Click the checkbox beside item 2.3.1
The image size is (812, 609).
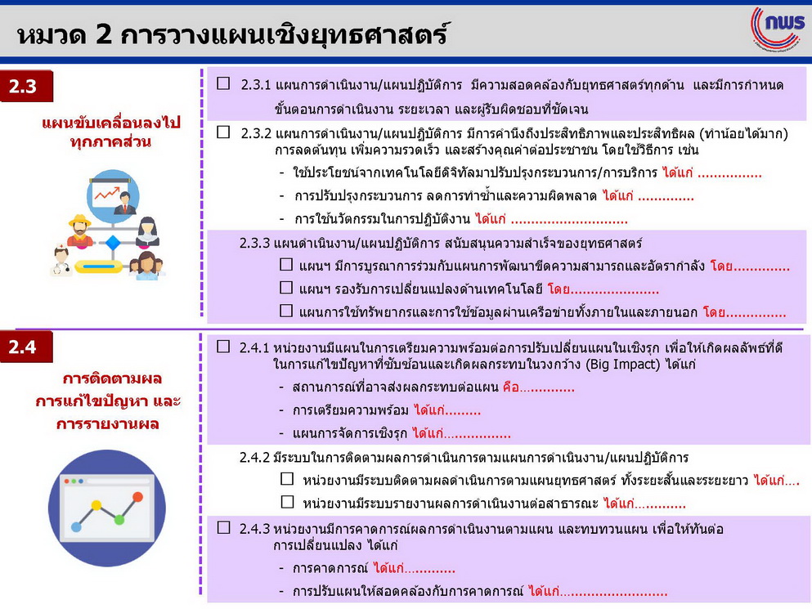[223, 83]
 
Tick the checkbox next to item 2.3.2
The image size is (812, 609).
[223, 132]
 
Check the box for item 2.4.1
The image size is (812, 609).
[223, 347]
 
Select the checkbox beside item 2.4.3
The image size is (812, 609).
[223, 528]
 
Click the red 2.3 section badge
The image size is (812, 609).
[26, 86]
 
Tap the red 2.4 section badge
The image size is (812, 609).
[26, 347]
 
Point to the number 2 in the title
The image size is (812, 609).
[104, 35]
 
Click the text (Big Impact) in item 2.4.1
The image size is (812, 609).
[623, 364]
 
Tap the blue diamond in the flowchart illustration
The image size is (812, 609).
[113, 242]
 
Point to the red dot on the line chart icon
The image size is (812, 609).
[137, 497]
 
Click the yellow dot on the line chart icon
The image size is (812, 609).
[96, 505]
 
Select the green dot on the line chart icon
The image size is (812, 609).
[119, 519]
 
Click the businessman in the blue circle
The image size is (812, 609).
[125, 203]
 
